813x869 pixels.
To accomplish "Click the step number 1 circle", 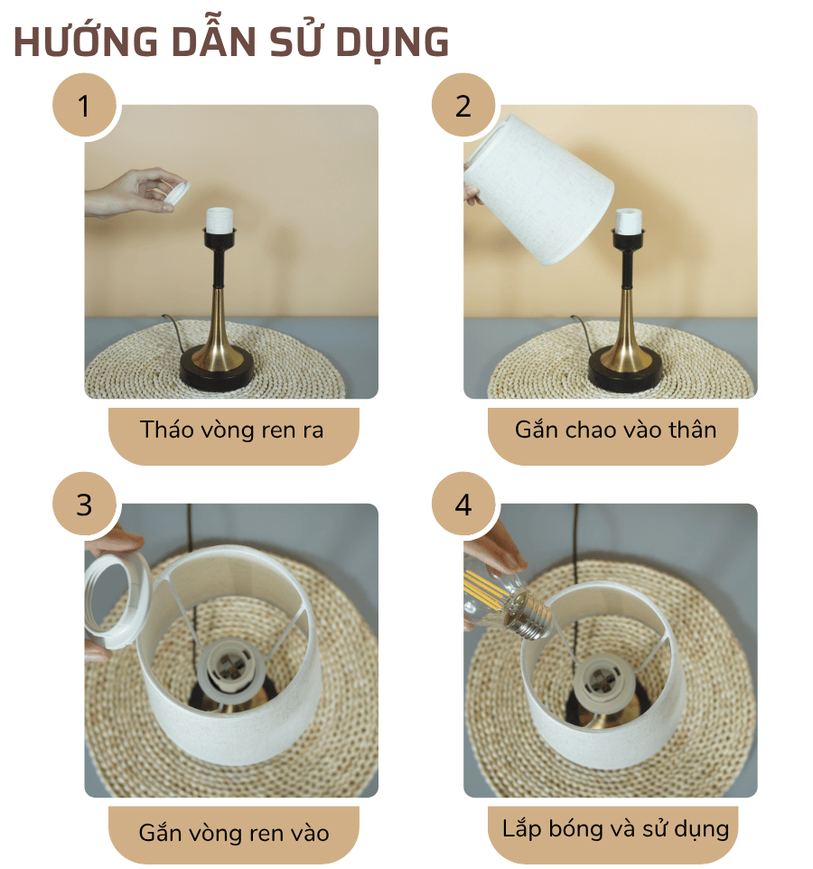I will pos(84,107).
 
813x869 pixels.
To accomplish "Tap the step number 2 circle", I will pos(463,107).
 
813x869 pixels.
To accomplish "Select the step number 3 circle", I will pos(84,505).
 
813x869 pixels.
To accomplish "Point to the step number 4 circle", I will pos(463,505).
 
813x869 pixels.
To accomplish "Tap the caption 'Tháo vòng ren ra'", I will pos(232,430).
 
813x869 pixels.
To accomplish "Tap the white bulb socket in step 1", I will pos(221,220).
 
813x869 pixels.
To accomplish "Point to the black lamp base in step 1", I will pos(218,369).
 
